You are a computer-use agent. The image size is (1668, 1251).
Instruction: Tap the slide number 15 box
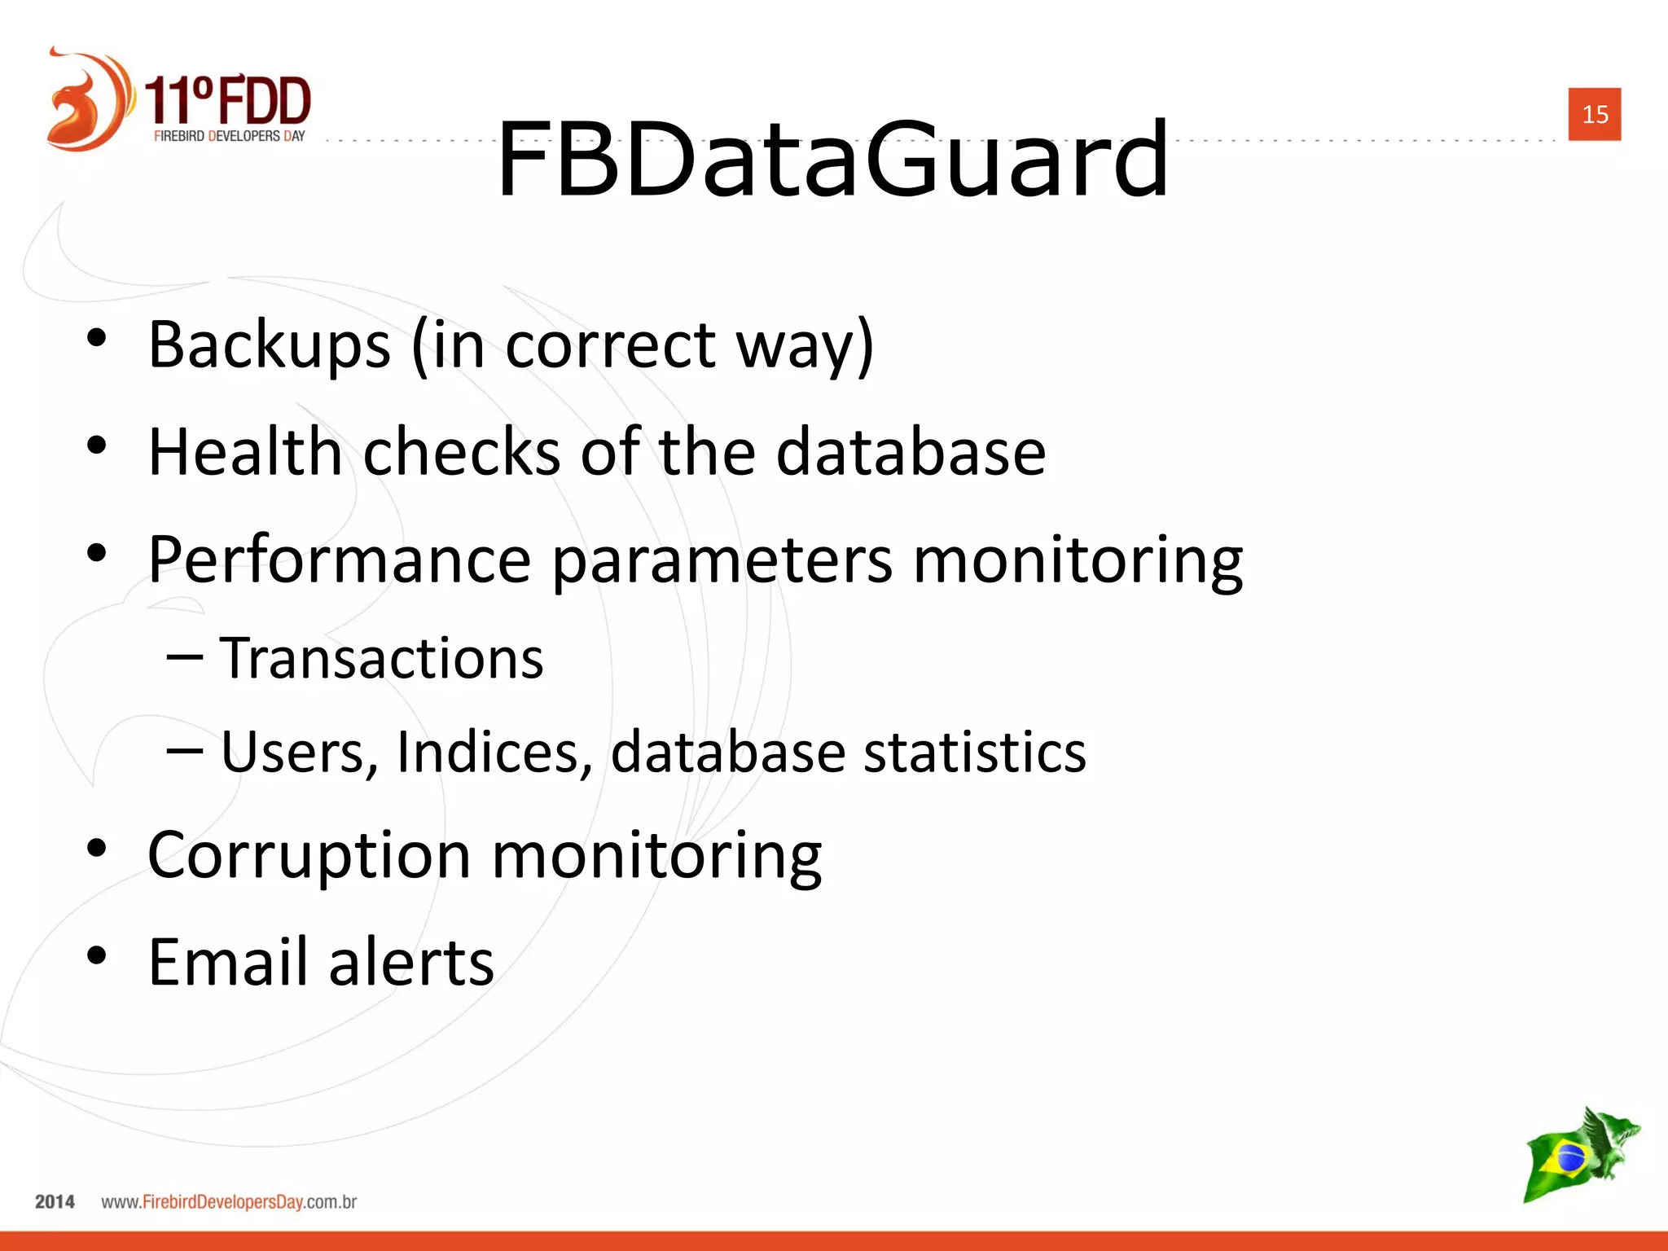(x=1594, y=114)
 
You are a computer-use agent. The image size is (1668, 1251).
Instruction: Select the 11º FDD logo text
(x=228, y=101)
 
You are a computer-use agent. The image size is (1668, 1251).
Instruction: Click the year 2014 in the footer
(x=55, y=1202)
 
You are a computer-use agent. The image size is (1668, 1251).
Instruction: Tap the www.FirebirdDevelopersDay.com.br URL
(x=229, y=1202)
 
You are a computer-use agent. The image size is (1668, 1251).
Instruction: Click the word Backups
(x=270, y=345)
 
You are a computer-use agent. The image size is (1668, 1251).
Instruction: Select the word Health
(x=245, y=452)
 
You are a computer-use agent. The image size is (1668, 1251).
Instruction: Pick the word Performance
(x=340, y=560)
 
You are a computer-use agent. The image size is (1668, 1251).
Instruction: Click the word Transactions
(x=381, y=658)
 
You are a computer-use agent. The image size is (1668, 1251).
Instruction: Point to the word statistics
(x=974, y=752)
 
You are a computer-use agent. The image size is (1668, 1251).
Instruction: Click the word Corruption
(x=309, y=855)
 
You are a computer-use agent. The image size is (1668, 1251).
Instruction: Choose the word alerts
(x=411, y=962)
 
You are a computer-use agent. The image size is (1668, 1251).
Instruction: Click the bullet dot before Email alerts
(x=97, y=955)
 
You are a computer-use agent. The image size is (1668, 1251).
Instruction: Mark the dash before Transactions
(x=184, y=656)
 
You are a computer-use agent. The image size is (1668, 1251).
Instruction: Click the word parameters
(x=722, y=560)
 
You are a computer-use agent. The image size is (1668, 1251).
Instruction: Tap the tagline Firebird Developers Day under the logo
(x=230, y=136)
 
